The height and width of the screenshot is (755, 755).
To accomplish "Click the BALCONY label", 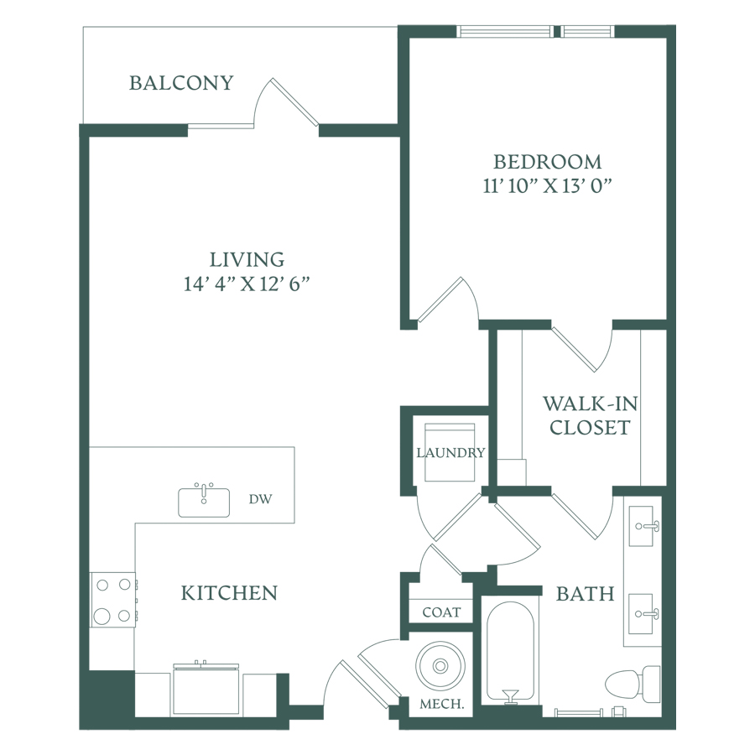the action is click(181, 83).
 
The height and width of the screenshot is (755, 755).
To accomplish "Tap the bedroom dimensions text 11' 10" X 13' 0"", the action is click(547, 185).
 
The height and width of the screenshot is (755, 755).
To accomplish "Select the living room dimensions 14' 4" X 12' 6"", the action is click(246, 284).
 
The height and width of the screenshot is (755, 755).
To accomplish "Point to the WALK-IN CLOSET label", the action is click(591, 415).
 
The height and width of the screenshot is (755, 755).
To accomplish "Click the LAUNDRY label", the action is click(450, 453).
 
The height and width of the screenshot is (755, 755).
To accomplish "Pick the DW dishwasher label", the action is click(261, 499).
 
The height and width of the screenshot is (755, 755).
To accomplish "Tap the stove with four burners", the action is click(113, 600).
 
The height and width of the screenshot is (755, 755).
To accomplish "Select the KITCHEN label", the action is click(229, 593).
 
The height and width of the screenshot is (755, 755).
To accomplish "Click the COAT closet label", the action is click(441, 612).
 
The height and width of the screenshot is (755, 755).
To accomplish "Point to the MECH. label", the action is click(442, 704).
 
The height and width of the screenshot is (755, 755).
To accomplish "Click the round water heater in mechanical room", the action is click(440, 666).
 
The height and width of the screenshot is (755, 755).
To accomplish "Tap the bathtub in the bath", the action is click(510, 653).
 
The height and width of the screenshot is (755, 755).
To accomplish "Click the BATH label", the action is click(585, 594).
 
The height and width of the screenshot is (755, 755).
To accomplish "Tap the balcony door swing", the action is click(286, 102).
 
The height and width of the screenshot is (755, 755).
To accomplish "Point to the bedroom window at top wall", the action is click(535, 31).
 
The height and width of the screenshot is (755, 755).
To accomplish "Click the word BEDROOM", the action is click(548, 162).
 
